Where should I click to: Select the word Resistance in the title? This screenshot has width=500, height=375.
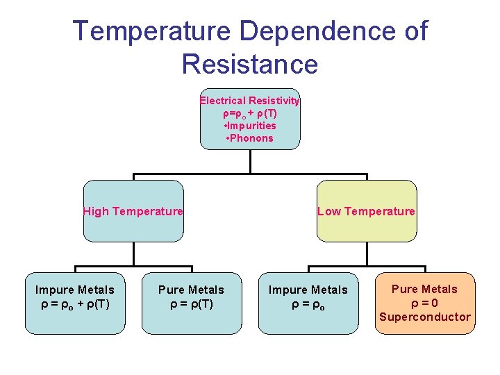tap(250, 64)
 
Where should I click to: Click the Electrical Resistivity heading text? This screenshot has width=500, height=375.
tap(250, 101)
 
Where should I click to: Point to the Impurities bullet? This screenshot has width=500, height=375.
tap(250, 126)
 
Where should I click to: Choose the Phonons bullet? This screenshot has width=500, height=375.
tap(250, 138)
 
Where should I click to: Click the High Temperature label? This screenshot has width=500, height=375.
tap(133, 212)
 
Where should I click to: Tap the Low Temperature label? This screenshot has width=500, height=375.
tap(366, 212)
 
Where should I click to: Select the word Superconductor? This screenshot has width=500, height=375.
tap(424, 317)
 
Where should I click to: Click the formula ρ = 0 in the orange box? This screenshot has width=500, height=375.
tap(424, 303)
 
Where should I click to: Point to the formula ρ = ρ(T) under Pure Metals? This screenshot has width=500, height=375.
tap(191, 303)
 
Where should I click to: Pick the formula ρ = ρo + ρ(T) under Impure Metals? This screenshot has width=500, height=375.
tap(75, 303)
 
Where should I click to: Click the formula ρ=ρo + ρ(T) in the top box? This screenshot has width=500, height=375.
tap(250, 113)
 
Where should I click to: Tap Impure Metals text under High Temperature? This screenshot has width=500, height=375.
tap(75, 290)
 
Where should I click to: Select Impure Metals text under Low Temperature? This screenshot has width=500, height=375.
tap(308, 290)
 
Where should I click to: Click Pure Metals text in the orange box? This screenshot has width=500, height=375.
tap(424, 290)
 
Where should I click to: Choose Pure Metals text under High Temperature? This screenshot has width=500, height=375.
tap(191, 290)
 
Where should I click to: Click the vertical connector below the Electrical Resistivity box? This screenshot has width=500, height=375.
tap(250, 161)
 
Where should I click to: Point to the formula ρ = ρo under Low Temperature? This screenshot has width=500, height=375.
tap(308, 303)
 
